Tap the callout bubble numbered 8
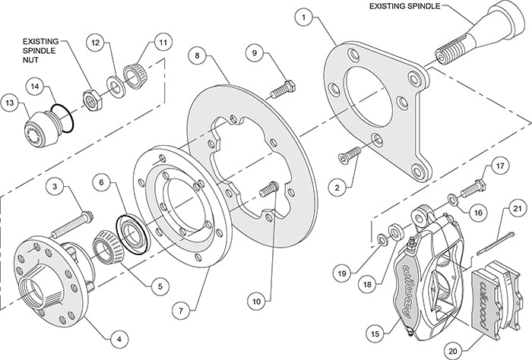coord(197,56)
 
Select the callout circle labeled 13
coord(11,102)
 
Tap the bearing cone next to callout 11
coord(136,74)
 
